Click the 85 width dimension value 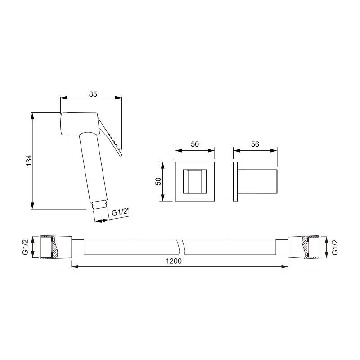point(93,94)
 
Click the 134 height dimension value point(28,161)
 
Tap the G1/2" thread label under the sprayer point(121,212)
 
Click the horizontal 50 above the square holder point(195,144)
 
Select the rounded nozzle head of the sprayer point(65,124)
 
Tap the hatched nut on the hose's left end point(49,247)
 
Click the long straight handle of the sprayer point(93,169)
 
